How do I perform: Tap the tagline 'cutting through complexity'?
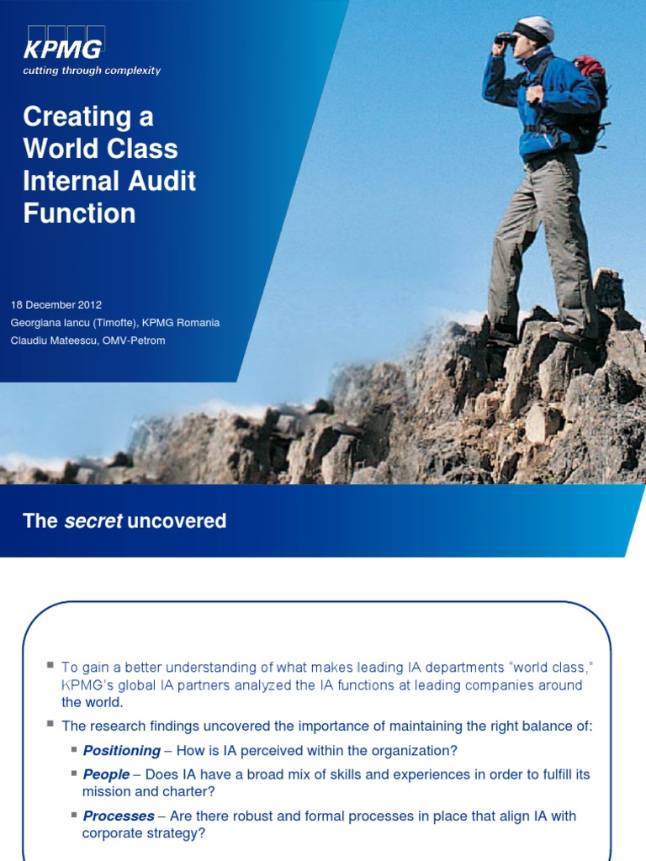tap(92, 71)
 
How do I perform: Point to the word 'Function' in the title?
tap(79, 213)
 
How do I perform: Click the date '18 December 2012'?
tap(56, 304)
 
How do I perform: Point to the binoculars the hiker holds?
tap(506, 38)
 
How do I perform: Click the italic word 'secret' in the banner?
tap(93, 521)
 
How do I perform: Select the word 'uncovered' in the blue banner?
tap(177, 521)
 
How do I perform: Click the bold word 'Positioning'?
tap(122, 751)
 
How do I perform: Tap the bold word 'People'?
tap(106, 774)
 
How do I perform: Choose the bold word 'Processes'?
tap(119, 816)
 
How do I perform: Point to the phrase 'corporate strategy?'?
tap(144, 833)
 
